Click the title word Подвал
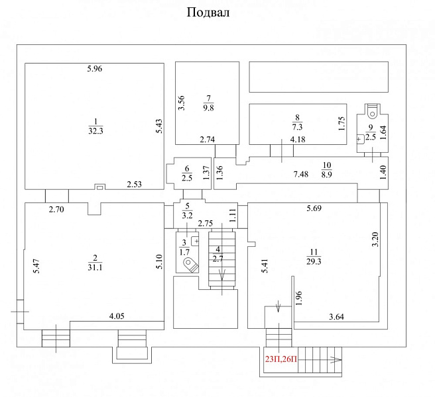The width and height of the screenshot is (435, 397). click(x=208, y=13)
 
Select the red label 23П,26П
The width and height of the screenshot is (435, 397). click(x=281, y=359)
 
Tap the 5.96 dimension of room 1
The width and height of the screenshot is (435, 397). click(x=95, y=69)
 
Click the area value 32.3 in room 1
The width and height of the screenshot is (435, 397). click(x=95, y=130)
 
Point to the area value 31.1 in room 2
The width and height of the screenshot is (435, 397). click(x=95, y=267)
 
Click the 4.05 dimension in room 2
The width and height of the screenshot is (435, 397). click(x=117, y=316)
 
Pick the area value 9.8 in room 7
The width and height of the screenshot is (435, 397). click(x=208, y=108)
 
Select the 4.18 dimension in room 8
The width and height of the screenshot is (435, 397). click(x=298, y=139)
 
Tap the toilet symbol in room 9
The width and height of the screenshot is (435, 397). click(x=372, y=111)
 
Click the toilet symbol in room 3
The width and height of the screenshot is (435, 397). click(x=191, y=265)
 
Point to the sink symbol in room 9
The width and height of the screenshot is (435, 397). click(x=360, y=139)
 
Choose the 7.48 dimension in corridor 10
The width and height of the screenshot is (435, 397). click(x=301, y=175)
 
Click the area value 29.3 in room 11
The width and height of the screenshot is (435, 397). click(x=314, y=261)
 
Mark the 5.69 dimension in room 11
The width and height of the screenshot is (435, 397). click(x=314, y=208)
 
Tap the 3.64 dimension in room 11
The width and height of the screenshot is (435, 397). click(x=336, y=317)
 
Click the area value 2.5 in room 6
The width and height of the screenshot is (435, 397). click(x=187, y=178)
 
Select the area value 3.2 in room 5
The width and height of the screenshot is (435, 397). click(x=187, y=215)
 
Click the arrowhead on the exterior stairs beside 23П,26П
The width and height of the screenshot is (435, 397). click(x=336, y=360)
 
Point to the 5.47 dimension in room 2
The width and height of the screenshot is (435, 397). click(x=36, y=266)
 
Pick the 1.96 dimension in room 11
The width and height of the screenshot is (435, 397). click(x=298, y=298)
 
